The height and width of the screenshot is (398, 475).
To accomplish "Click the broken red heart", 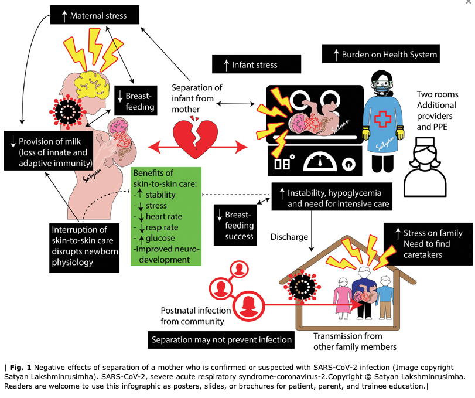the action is [x=196, y=138].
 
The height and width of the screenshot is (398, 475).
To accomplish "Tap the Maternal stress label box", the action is [x=95, y=15].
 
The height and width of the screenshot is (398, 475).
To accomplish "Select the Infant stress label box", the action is [x=257, y=64].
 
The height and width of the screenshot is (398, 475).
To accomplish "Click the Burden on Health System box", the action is [x=381, y=54].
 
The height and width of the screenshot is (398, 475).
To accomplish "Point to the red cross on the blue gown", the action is [x=383, y=119].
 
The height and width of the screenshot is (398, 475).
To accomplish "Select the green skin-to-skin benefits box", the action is [x=166, y=216].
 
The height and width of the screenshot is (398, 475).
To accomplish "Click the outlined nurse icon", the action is [x=425, y=167].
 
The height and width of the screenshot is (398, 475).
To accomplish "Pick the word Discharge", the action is [x=289, y=237].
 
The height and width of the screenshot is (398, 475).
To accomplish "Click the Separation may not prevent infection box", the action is [x=221, y=340].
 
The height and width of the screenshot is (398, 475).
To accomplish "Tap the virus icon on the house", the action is [x=302, y=287].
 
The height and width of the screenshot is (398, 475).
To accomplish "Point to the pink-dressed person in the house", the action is [x=343, y=298].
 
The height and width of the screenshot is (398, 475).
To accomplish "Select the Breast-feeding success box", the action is [x=235, y=225].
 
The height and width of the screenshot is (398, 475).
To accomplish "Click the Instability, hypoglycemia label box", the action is [x=332, y=196].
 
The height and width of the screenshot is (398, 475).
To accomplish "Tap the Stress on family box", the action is [x=428, y=244].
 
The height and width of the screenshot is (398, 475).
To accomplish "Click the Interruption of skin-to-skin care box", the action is [x=84, y=248].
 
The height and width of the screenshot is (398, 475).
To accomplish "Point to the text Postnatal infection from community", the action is [x=196, y=316].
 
